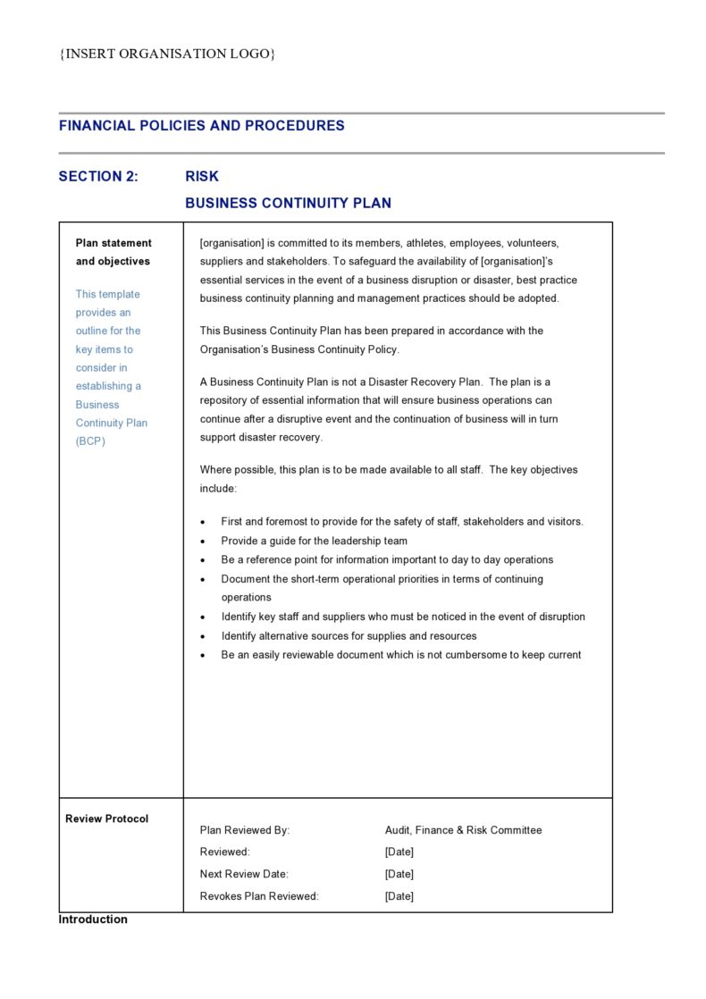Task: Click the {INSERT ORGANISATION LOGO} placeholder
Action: (167, 54)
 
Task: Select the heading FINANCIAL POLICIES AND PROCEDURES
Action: (201, 126)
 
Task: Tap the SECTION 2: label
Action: (98, 177)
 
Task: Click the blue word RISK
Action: (202, 177)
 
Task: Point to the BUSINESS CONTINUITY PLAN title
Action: (288, 204)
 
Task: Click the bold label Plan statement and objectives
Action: (113, 252)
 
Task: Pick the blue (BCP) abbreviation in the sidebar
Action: (90, 441)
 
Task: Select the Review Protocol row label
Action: (107, 819)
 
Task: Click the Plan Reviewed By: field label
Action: (245, 830)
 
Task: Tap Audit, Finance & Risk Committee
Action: (463, 830)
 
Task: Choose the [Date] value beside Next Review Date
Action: (399, 874)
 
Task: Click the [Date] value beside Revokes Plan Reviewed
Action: (399, 896)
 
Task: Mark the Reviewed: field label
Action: (225, 852)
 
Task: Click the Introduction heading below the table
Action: (93, 919)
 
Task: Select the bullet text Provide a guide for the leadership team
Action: (315, 541)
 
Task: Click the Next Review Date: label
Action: (244, 874)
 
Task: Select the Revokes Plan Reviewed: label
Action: (259, 896)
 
